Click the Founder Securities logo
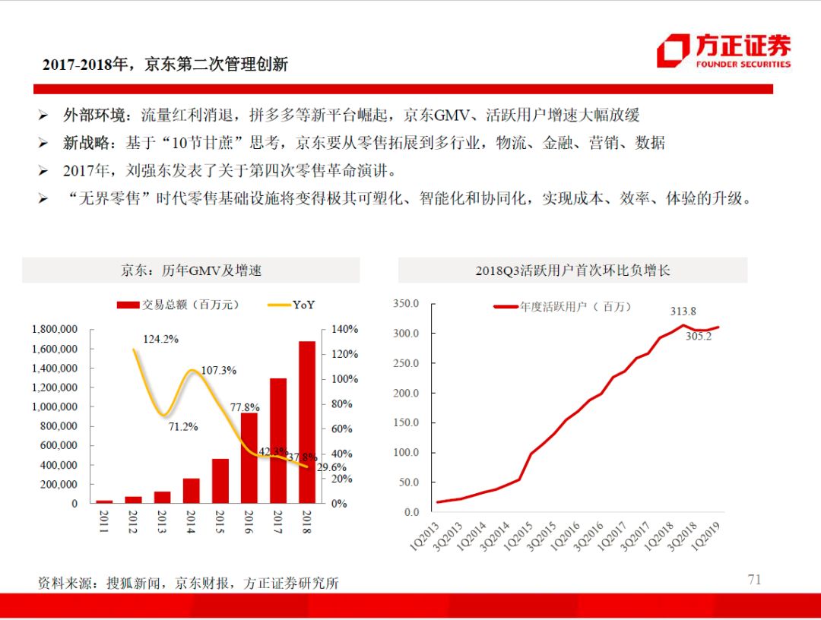[x=723, y=51]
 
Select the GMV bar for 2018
[x=306, y=422]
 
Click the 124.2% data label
[x=160, y=339]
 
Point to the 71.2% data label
[x=182, y=427]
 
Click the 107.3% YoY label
[x=218, y=370]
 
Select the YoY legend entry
[x=293, y=305]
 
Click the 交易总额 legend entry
[x=179, y=305]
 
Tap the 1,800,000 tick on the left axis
[x=55, y=330]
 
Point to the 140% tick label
[x=344, y=330]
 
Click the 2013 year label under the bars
[x=161, y=523]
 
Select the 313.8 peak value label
[x=683, y=311]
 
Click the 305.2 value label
[x=698, y=337]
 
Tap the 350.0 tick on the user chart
[x=406, y=304]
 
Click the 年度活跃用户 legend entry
[x=563, y=307]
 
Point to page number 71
[x=754, y=580]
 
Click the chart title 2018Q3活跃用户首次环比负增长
[x=572, y=270]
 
